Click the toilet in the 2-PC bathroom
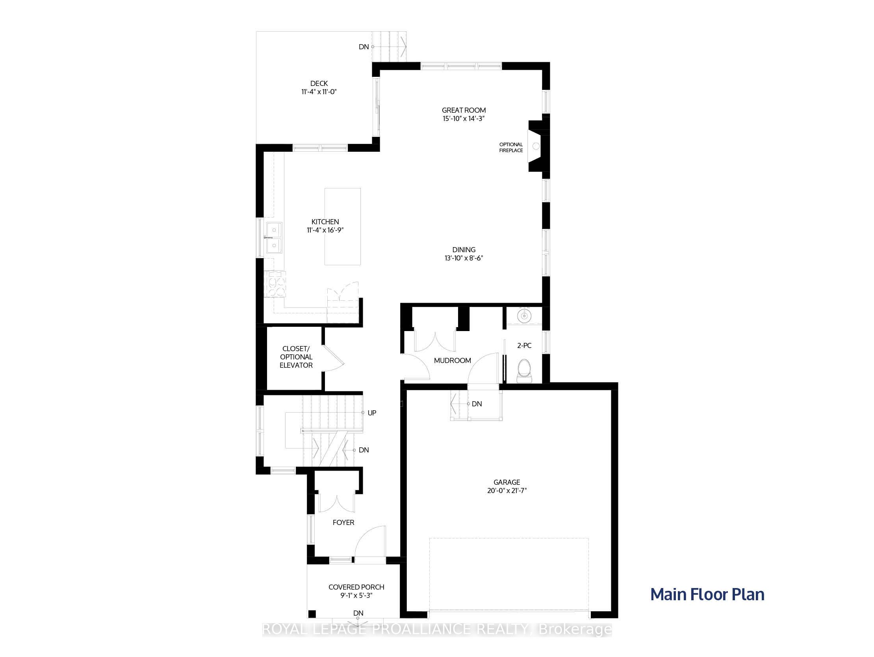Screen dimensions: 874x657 click(x=525, y=370)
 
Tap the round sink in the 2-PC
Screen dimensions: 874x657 click(x=524, y=316)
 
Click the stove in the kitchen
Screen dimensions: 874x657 click(x=275, y=284)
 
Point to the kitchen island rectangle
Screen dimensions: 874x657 click(x=343, y=227)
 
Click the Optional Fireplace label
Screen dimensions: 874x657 click(x=511, y=147)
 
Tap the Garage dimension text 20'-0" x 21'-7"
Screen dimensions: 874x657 click(x=507, y=491)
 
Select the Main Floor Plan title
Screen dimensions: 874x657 click(x=707, y=595)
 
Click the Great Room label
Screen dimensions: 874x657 click(x=464, y=110)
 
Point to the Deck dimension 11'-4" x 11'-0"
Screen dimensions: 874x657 click(x=319, y=92)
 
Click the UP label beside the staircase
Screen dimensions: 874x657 click(x=372, y=413)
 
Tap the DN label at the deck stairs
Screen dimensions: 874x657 click(x=364, y=47)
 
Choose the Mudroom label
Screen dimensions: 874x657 click(x=453, y=361)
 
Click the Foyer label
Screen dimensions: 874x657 click(x=343, y=523)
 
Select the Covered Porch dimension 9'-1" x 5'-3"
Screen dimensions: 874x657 click(x=356, y=596)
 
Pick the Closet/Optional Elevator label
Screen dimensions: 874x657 click(x=296, y=357)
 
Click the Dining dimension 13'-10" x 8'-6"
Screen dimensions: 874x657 click(x=464, y=258)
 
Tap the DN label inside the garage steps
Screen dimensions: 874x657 click(x=477, y=404)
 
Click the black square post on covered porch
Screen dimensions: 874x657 click(x=312, y=614)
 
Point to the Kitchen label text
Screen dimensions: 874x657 click(x=325, y=222)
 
